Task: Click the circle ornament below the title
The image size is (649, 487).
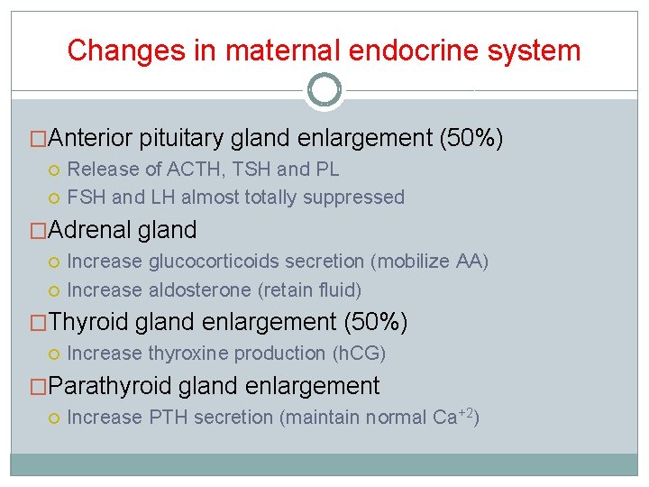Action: [x=324, y=89]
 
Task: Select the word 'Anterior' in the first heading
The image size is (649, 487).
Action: [x=91, y=138]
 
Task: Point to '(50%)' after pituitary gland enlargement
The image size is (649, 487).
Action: [x=471, y=138]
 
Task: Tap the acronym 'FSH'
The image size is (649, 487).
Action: [x=86, y=197]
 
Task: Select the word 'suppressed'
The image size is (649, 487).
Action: [x=356, y=197]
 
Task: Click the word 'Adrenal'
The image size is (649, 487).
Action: [x=89, y=230]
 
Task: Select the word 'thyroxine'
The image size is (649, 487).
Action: [x=186, y=354]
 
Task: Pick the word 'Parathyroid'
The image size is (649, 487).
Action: [x=112, y=386]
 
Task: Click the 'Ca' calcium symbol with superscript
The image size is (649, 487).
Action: [x=444, y=418]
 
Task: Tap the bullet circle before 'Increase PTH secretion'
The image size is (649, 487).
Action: [x=55, y=418]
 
